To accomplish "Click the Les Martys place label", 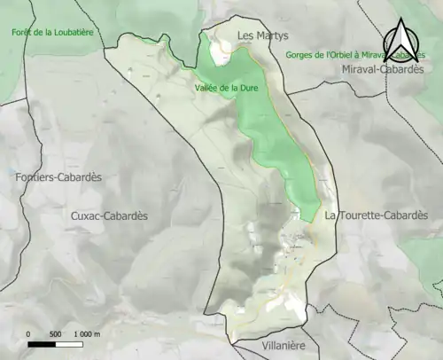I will (260, 35).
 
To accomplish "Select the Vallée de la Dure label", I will (226, 88).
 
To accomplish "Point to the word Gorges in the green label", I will (302, 55).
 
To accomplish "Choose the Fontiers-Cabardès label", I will (58, 177).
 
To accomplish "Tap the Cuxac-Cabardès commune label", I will (109, 215).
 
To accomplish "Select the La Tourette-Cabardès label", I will (376, 215).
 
